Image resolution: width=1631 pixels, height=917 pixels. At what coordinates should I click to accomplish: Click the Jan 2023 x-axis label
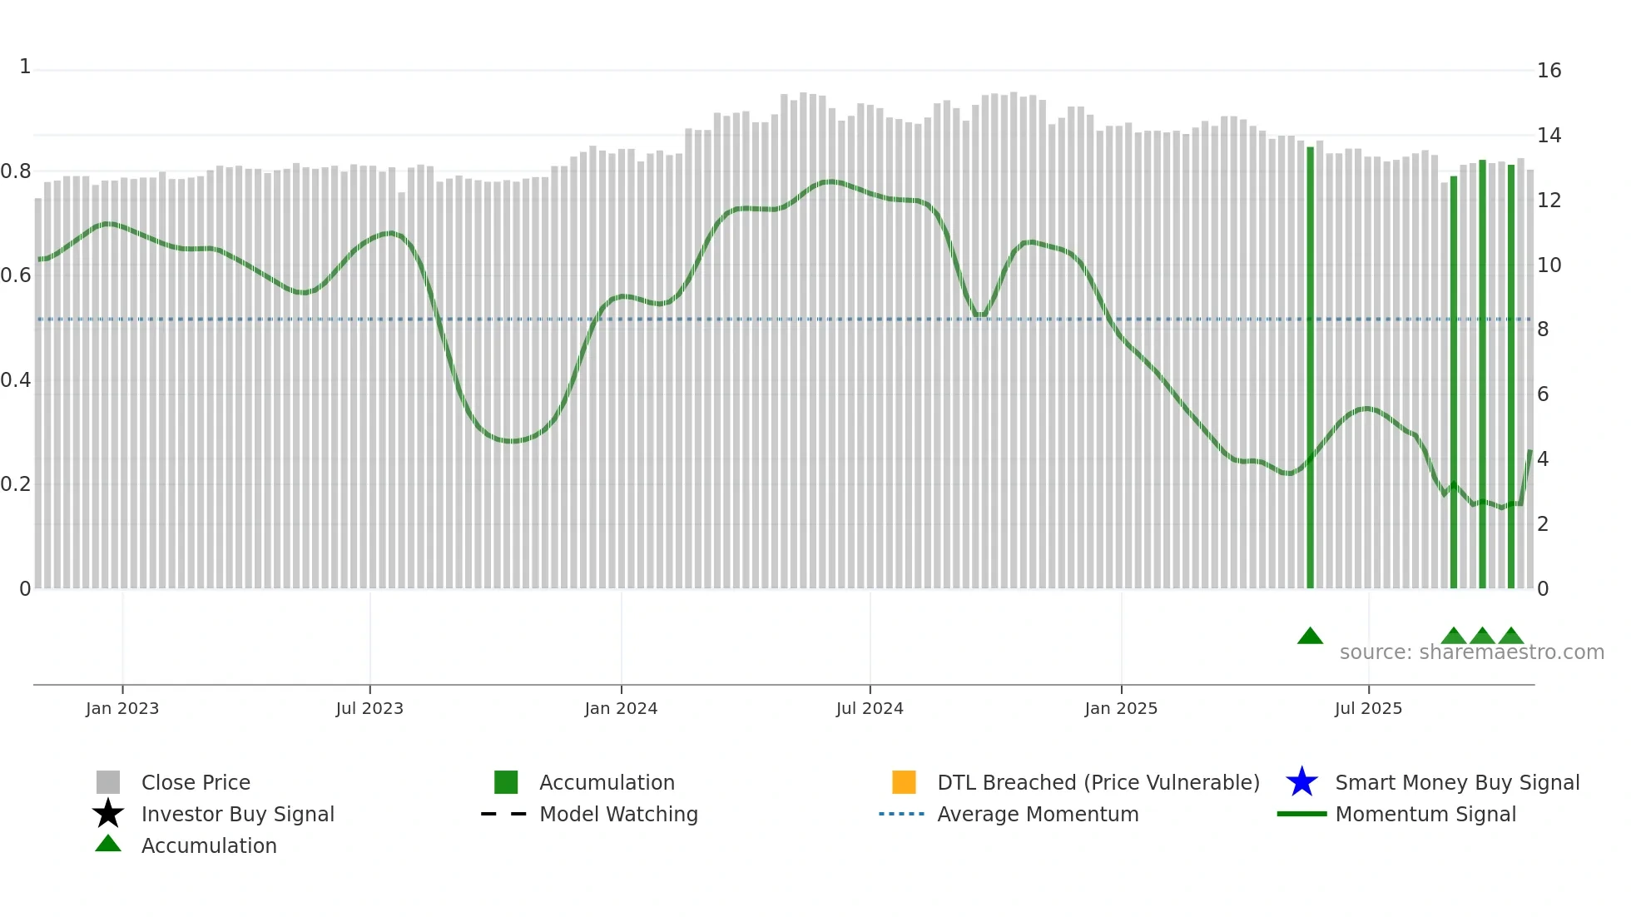[122, 708]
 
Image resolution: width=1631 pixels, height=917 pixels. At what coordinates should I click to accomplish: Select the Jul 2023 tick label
[369, 708]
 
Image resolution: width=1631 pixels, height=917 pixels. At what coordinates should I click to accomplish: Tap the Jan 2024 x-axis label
[621, 708]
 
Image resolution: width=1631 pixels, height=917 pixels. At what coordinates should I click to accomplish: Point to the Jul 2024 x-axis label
[870, 708]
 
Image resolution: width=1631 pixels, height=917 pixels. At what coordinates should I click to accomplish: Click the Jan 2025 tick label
[1121, 708]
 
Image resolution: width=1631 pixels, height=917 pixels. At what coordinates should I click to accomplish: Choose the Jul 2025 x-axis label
[1368, 708]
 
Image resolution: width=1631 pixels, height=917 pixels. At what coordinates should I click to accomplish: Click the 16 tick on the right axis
[1549, 71]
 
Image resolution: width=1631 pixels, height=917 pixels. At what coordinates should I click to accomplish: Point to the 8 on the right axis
[1543, 330]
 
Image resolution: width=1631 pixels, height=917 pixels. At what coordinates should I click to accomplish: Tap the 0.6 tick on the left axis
[16, 275]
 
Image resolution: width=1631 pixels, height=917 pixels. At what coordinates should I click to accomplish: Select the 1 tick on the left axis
[25, 67]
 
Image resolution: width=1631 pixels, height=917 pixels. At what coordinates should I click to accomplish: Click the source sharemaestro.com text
[1471, 652]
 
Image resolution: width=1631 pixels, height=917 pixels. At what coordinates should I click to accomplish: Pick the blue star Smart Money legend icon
[1301, 782]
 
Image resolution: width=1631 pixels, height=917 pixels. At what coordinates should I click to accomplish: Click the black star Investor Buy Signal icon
[108, 814]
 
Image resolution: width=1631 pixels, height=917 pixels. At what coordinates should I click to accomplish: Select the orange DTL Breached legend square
[904, 782]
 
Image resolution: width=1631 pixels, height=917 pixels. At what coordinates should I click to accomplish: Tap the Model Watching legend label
[618, 814]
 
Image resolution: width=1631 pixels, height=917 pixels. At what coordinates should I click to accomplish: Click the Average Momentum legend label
[1038, 814]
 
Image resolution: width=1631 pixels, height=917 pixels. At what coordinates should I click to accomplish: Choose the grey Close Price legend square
[108, 782]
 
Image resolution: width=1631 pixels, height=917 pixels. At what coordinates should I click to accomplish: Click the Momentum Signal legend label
[1425, 814]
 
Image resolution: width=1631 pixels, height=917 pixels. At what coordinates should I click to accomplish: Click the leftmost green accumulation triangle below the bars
[1310, 637]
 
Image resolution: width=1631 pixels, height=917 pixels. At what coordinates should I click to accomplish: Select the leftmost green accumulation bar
[1310, 366]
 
